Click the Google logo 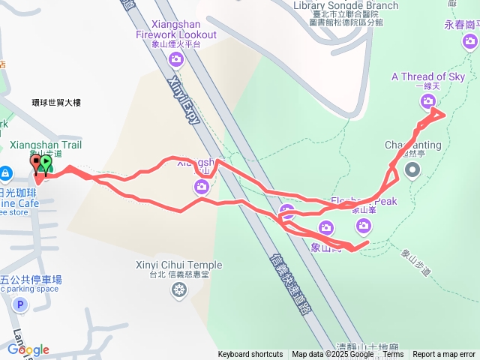[28, 349]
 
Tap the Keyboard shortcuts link [250, 355]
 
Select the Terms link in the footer [393, 355]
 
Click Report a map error [444, 355]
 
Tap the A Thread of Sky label [428, 76]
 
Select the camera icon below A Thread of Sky [427, 100]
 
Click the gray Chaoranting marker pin [412, 170]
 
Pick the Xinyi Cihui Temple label [179, 265]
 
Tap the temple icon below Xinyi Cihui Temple [179, 289]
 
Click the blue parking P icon [20, 305]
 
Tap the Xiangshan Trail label [46, 144]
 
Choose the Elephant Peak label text [364, 201]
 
